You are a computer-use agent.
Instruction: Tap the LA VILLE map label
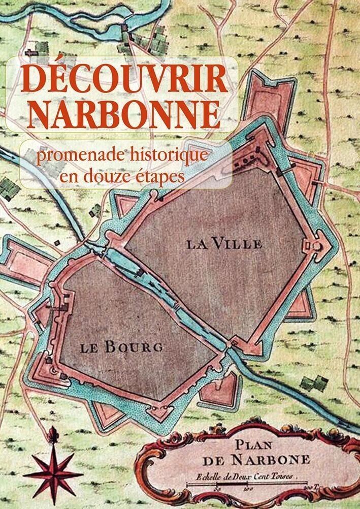coord(224,244)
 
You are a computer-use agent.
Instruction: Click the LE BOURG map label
coord(121,347)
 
